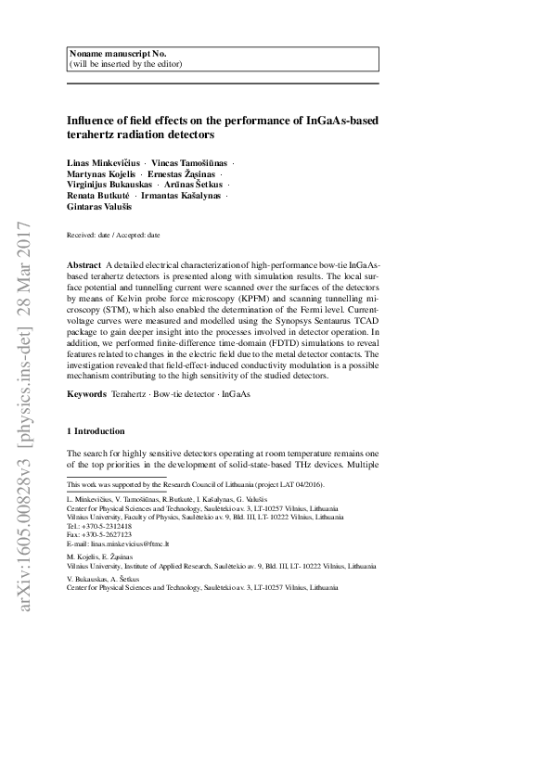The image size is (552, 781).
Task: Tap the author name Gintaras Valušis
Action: [100, 208]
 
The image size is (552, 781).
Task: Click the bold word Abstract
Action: [83, 265]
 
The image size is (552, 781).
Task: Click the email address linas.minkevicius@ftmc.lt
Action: [136, 543]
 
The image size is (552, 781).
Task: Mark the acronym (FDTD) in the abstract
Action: [254, 342]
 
